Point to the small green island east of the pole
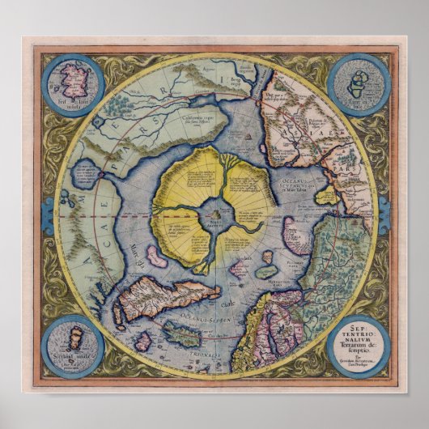[265, 271]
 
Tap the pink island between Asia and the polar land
[296, 235]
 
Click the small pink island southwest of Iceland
[143, 341]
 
